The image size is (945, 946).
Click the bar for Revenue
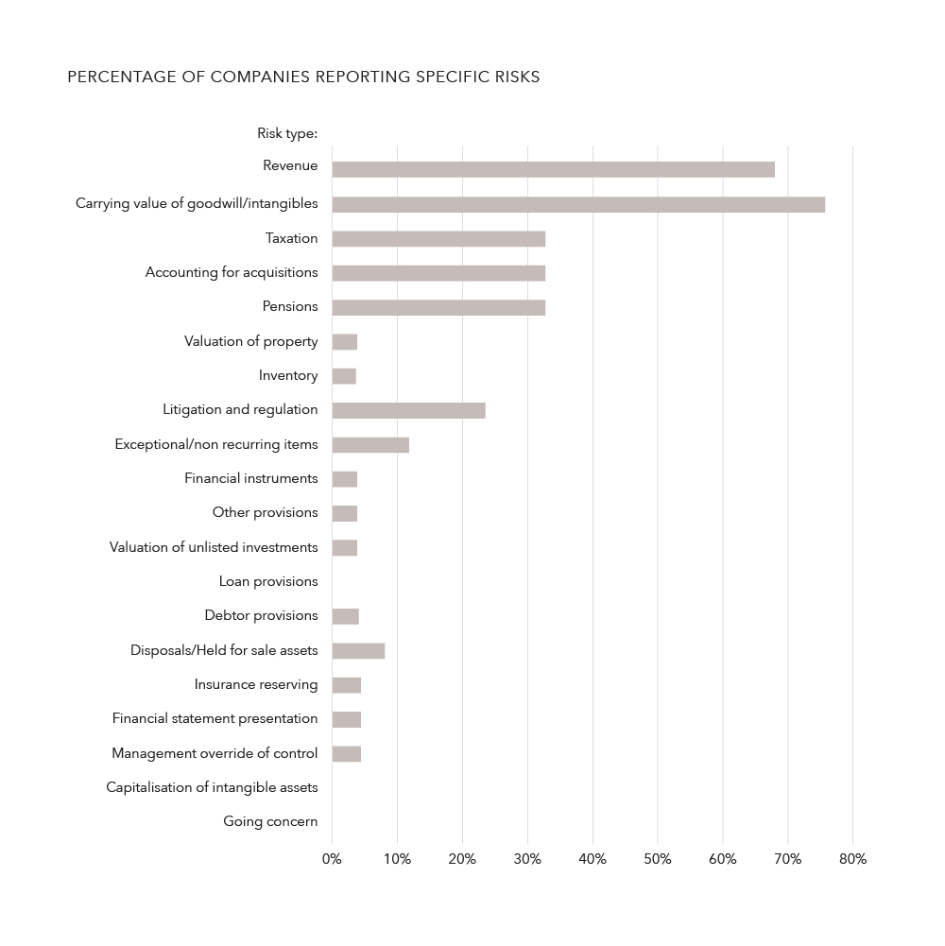(x=553, y=169)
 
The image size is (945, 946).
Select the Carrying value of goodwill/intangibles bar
(x=578, y=204)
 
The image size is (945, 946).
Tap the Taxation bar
(x=438, y=238)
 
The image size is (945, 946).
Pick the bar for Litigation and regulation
(x=408, y=410)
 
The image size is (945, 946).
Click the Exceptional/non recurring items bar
(x=370, y=444)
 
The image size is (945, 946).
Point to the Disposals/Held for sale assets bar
(x=358, y=650)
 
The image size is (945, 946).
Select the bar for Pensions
(x=438, y=307)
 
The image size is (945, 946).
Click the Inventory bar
(x=344, y=376)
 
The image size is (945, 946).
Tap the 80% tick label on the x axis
(x=852, y=859)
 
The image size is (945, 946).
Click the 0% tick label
(x=332, y=859)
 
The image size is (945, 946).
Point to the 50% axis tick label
(x=658, y=859)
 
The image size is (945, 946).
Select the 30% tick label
(x=527, y=859)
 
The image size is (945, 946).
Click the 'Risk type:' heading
(x=287, y=133)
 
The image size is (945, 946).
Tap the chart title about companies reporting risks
(x=303, y=77)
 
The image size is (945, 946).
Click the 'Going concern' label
(x=270, y=821)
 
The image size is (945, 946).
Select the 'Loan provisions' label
(x=268, y=581)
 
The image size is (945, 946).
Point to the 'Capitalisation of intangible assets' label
(x=212, y=787)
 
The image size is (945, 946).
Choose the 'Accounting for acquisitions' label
(x=232, y=272)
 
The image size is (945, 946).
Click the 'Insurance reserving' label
(x=256, y=684)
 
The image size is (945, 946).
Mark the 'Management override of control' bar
(x=346, y=753)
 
